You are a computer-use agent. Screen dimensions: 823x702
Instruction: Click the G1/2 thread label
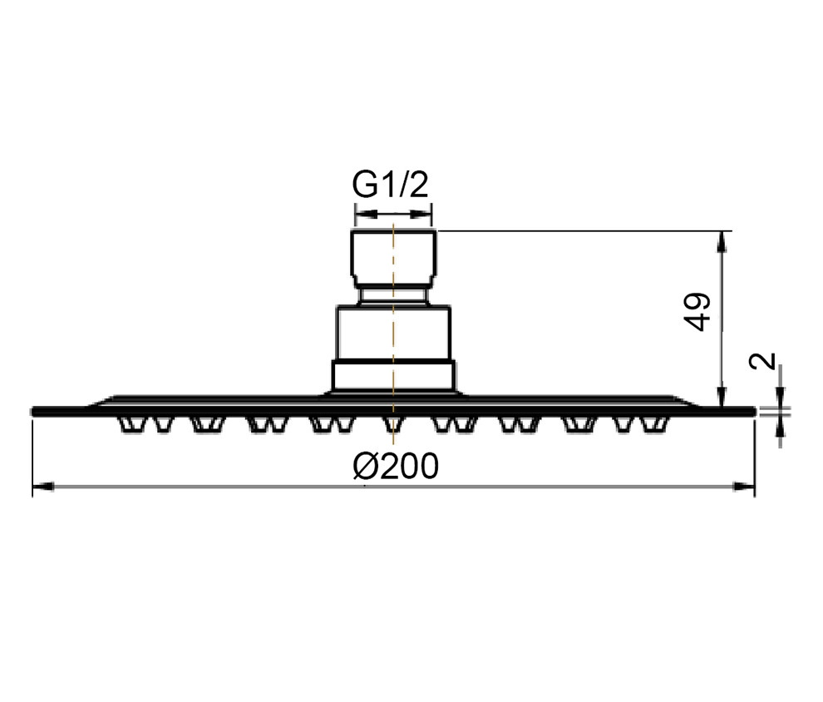[x=391, y=185]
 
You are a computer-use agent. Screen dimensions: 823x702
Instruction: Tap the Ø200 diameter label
[x=396, y=466]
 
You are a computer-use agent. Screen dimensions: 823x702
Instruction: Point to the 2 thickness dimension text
[x=762, y=361]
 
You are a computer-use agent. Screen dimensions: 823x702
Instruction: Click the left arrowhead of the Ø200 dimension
[x=43, y=487]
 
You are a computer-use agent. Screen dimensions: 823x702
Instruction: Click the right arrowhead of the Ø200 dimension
[x=744, y=487]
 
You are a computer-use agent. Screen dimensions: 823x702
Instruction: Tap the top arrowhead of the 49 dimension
[x=722, y=241]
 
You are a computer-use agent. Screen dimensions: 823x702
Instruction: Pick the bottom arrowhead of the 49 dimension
[x=722, y=397]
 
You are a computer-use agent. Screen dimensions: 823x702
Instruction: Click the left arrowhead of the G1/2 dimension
[x=367, y=215]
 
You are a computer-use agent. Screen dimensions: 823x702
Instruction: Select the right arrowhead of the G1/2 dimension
[x=421, y=215]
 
